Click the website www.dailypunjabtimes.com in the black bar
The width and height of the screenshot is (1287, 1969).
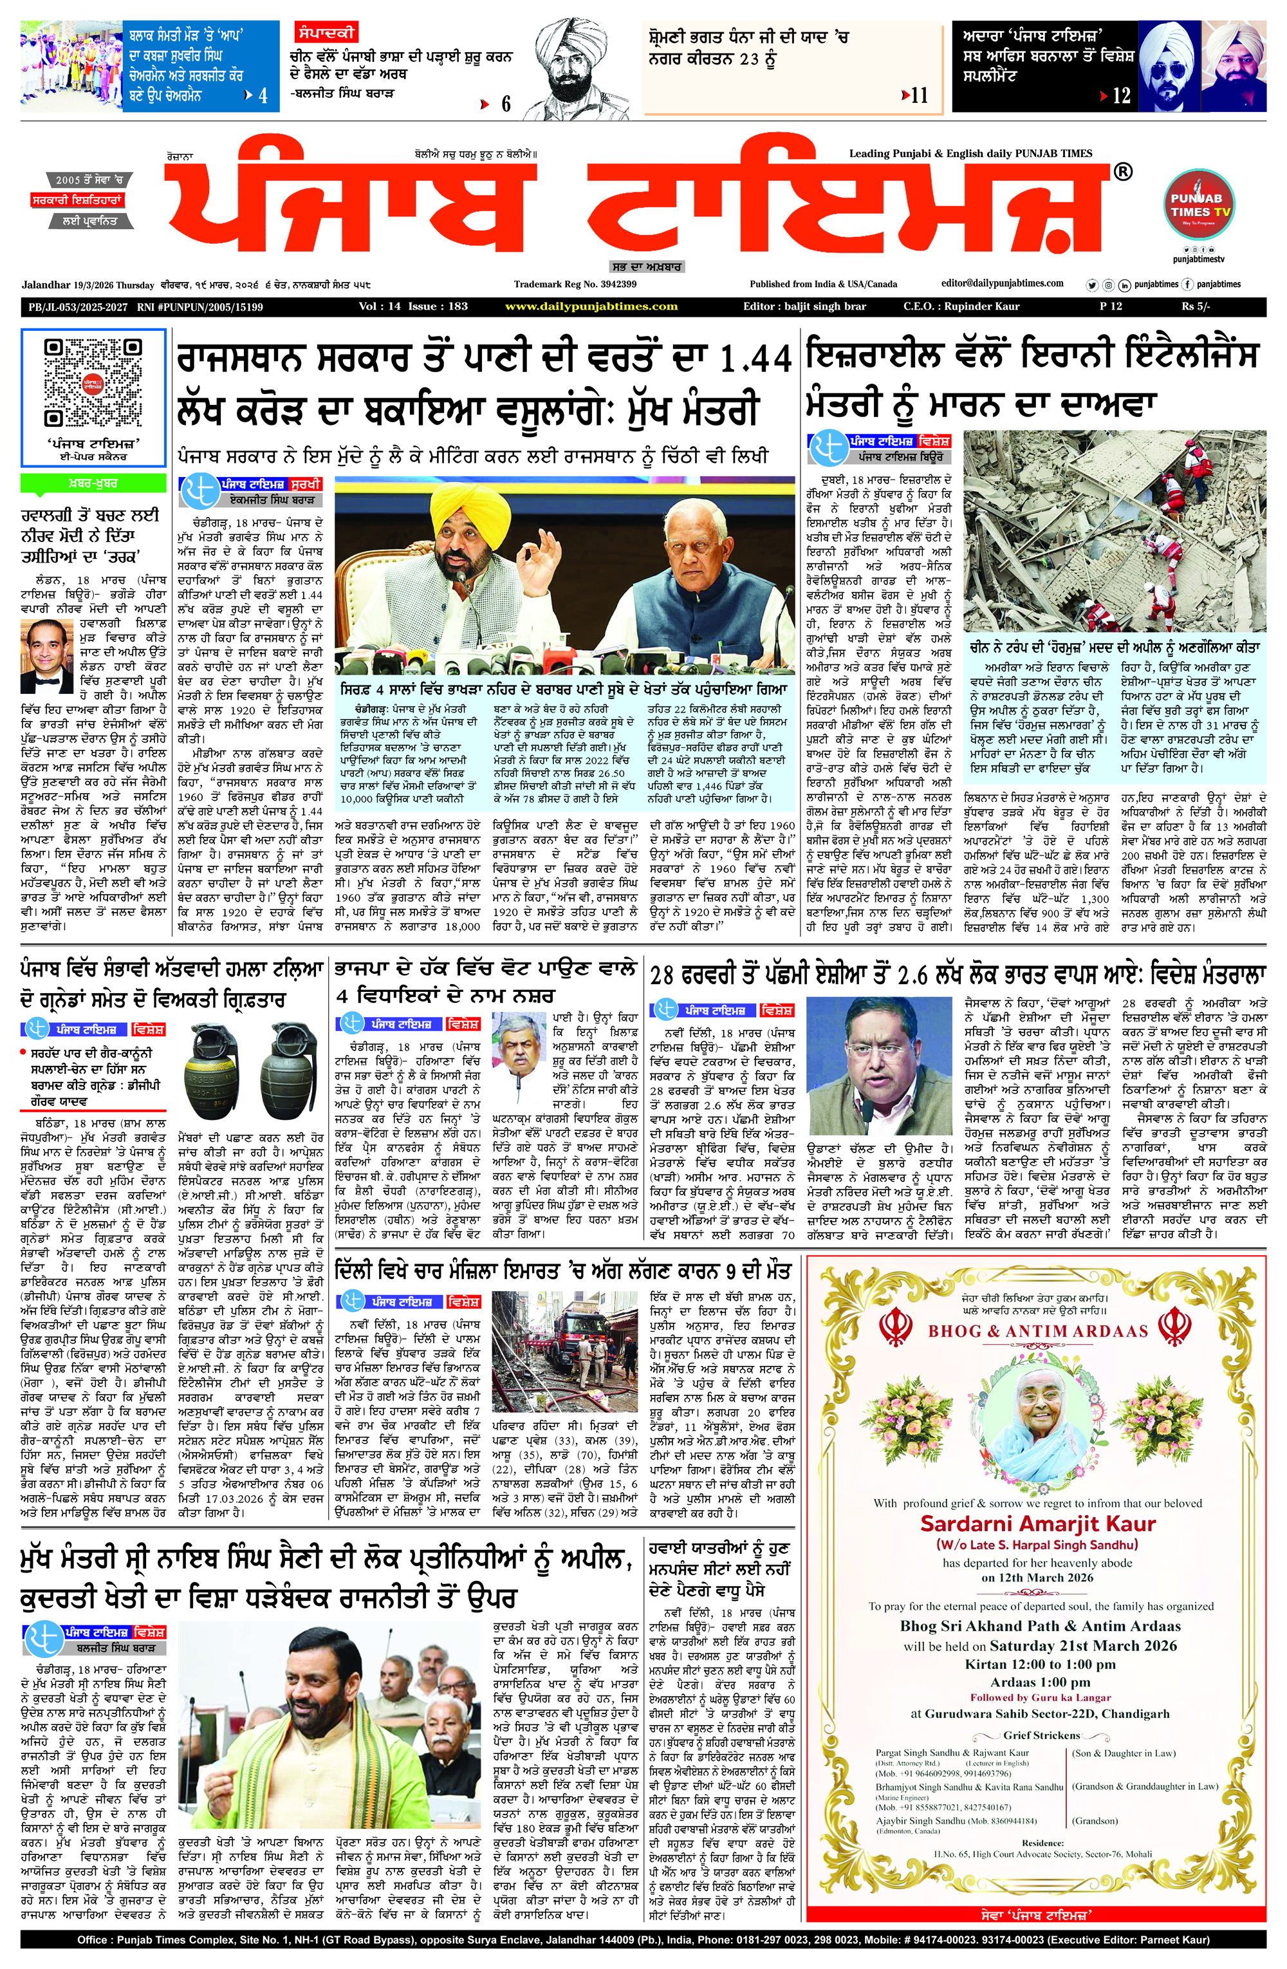(x=591, y=307)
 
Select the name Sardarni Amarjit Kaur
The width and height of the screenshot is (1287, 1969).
(x=1038, y=1524)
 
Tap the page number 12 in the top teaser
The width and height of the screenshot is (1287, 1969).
(x=1121, y=96)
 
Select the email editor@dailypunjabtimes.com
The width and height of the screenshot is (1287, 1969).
(x=1002, y=283)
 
